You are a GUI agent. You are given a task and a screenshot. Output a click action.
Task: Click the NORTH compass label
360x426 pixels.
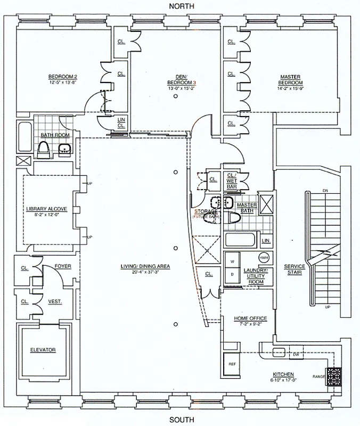[x=182, y=6]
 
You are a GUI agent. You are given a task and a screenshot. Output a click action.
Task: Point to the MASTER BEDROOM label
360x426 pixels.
[x=291, y=80]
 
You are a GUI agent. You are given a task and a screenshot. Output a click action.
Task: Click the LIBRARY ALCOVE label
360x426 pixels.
[x=46, y=209]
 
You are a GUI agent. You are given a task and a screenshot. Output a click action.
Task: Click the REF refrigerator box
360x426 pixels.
[x=232, y=364]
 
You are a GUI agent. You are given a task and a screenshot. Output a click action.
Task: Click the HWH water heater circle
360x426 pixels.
[x=263, y=258]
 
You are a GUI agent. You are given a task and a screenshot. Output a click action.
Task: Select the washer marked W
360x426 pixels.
[x=232, y=262]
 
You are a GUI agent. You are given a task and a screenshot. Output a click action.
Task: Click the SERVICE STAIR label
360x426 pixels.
[x=294, y=269]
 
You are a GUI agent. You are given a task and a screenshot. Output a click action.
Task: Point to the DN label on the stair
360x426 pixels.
[x=325, y=191]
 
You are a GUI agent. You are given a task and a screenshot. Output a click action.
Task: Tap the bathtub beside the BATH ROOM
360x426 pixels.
[x=24, y=137]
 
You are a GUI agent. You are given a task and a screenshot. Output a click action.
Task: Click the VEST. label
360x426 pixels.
[x=55, y=301]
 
